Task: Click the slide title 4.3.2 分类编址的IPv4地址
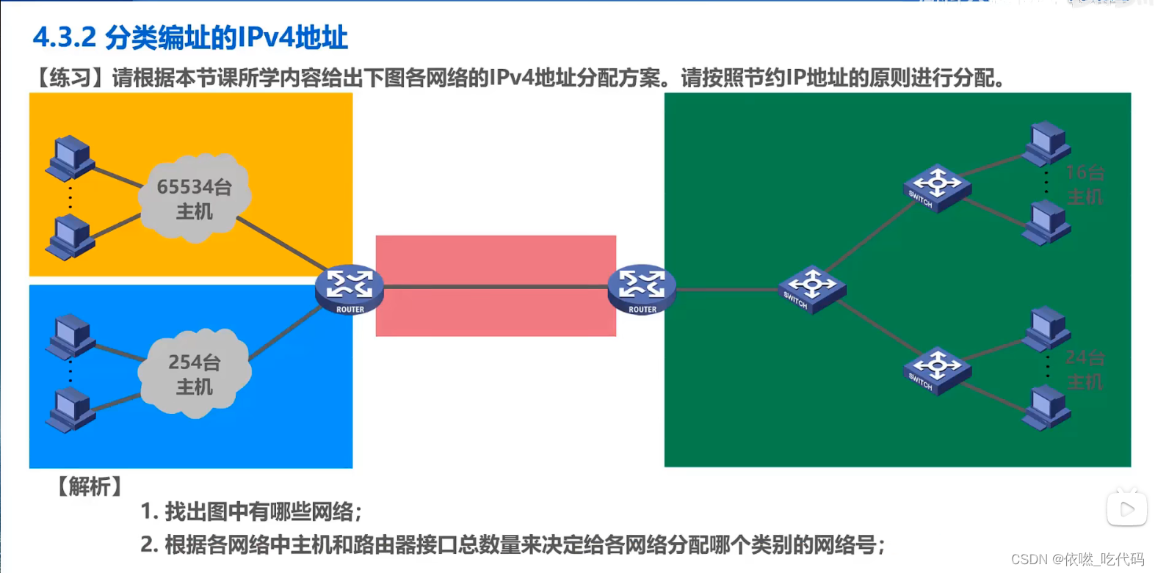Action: coord(190,37)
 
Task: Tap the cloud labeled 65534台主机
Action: coord(195,198)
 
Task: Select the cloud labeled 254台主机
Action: coord(195,373)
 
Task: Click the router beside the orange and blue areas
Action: coord(350,288)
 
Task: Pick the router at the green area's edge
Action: coord(642,288)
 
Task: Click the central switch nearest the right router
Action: coord(811,289)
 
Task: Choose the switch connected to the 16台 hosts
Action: coord(936,188)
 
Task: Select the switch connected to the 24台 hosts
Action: coord(936,371)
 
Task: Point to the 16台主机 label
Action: coord(1085,184)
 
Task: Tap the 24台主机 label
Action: coord(1085,369)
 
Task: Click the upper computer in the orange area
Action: coord(70,157)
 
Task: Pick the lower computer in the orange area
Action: coord(70,237)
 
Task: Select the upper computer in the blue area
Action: coord(71,336)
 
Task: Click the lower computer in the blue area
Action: coord(71,409)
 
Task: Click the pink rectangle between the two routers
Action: coord(496,257)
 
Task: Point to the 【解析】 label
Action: coord(90,486)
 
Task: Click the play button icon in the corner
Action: coord(1126,508)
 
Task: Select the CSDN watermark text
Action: coord(1077,559)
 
